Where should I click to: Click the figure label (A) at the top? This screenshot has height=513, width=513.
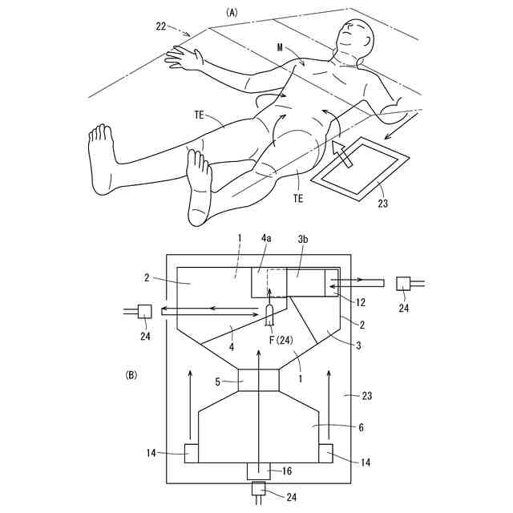click(x=232, y=12)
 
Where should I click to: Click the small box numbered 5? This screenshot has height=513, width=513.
click(x=259, y=380)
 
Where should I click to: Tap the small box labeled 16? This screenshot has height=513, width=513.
click(x=259, y=471)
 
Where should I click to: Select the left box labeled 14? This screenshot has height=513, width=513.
click(x=192, y=453)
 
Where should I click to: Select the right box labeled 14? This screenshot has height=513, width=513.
click(x=325, y=453)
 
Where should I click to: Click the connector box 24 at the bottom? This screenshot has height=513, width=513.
click(x=259, y=488)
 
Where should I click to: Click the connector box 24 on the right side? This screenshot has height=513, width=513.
click(x=403, y=283)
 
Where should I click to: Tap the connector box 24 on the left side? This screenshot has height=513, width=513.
click(x=144, y=311)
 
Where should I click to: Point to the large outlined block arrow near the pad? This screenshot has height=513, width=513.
click(x=342, y=154)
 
